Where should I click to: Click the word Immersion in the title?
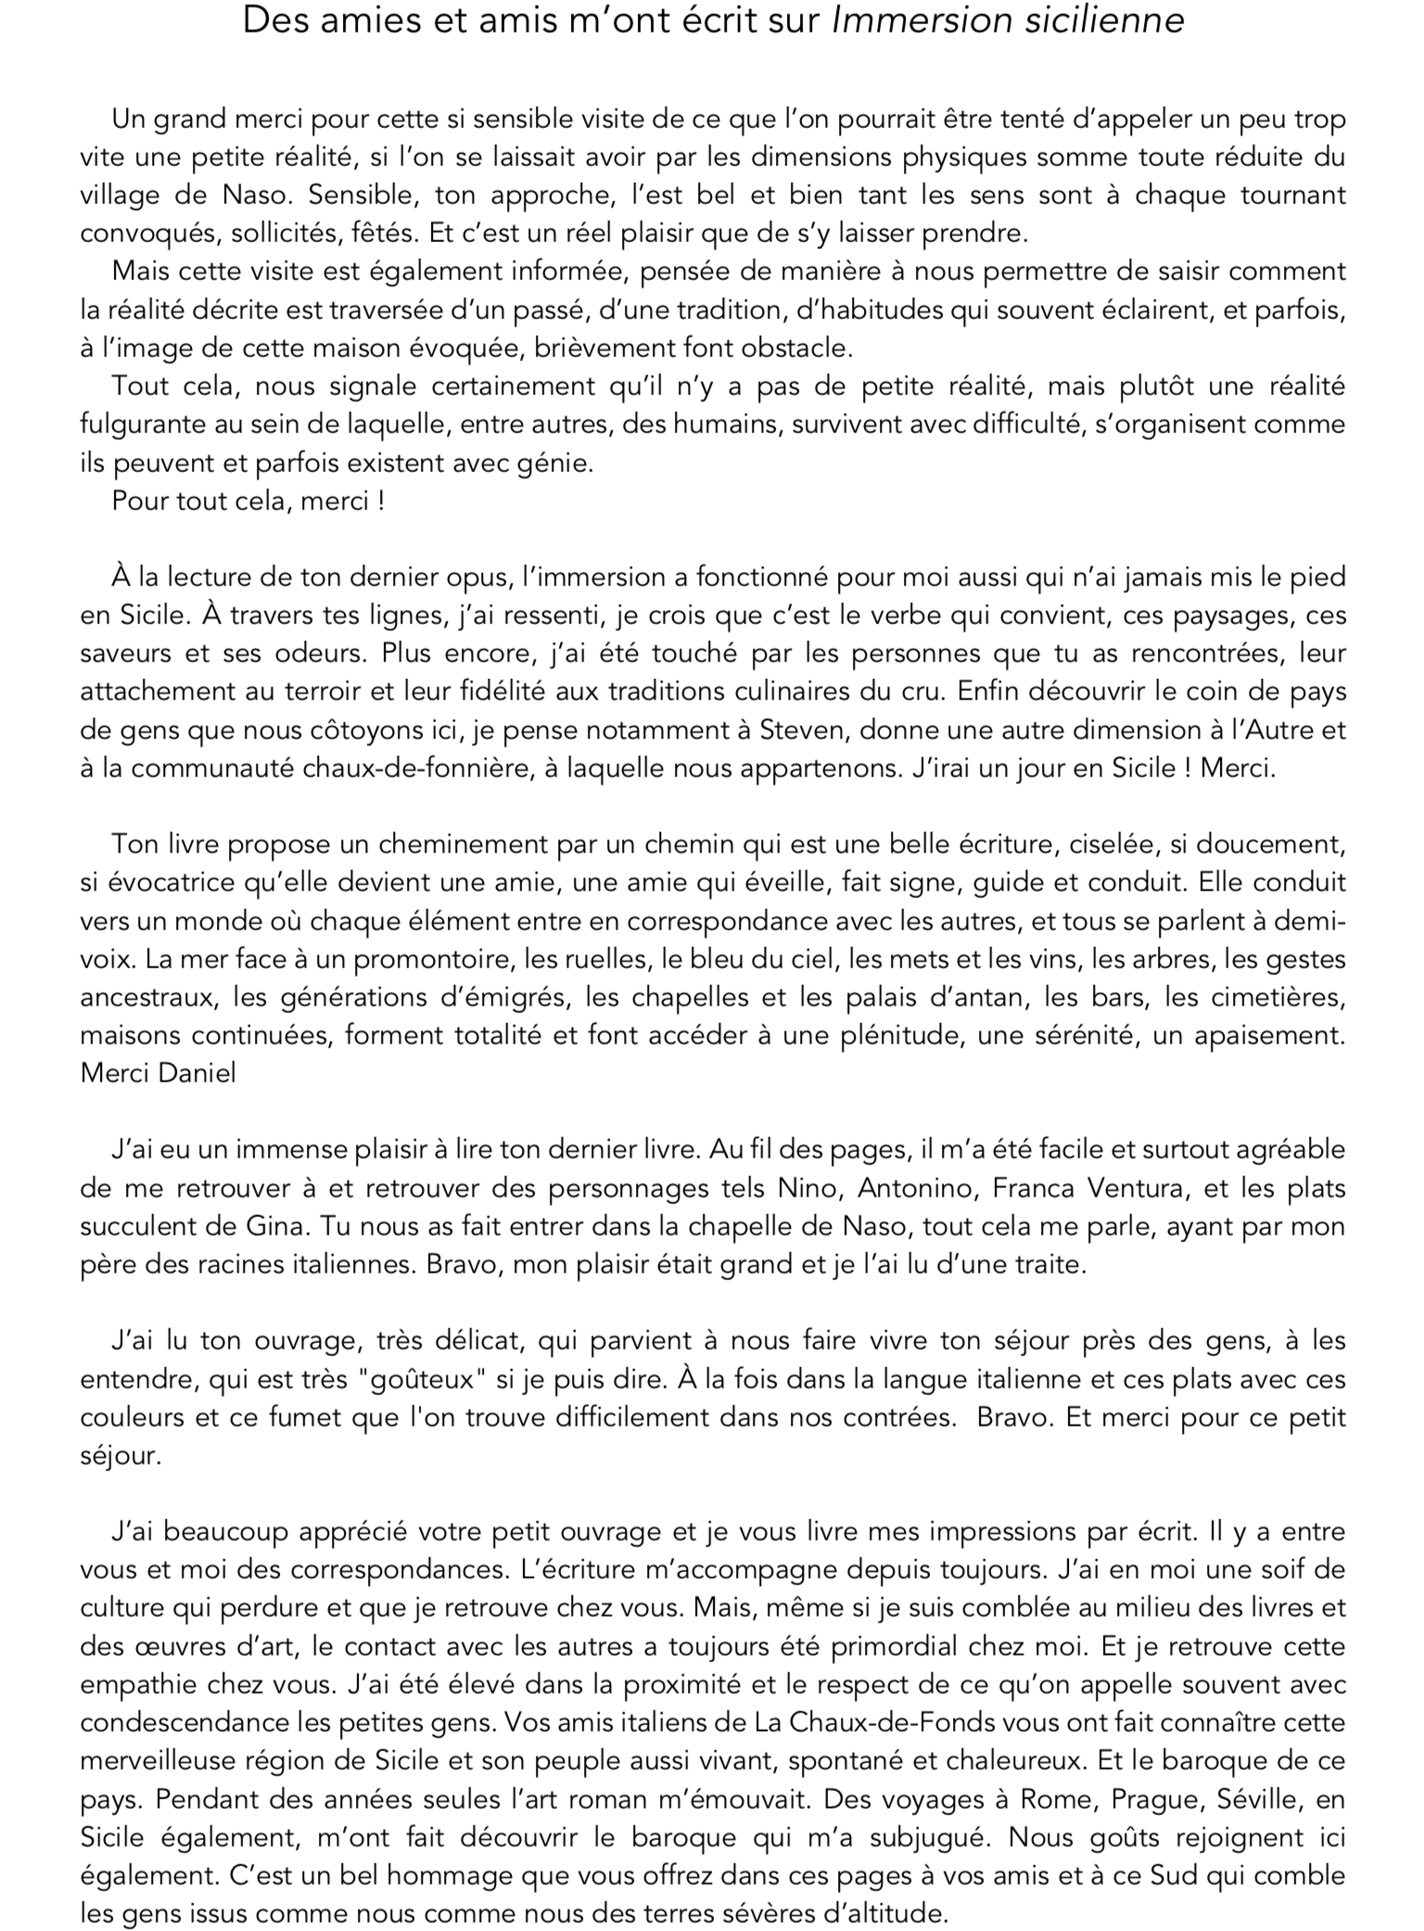[x=922, y=20]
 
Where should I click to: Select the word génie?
[x=559, y=463]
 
